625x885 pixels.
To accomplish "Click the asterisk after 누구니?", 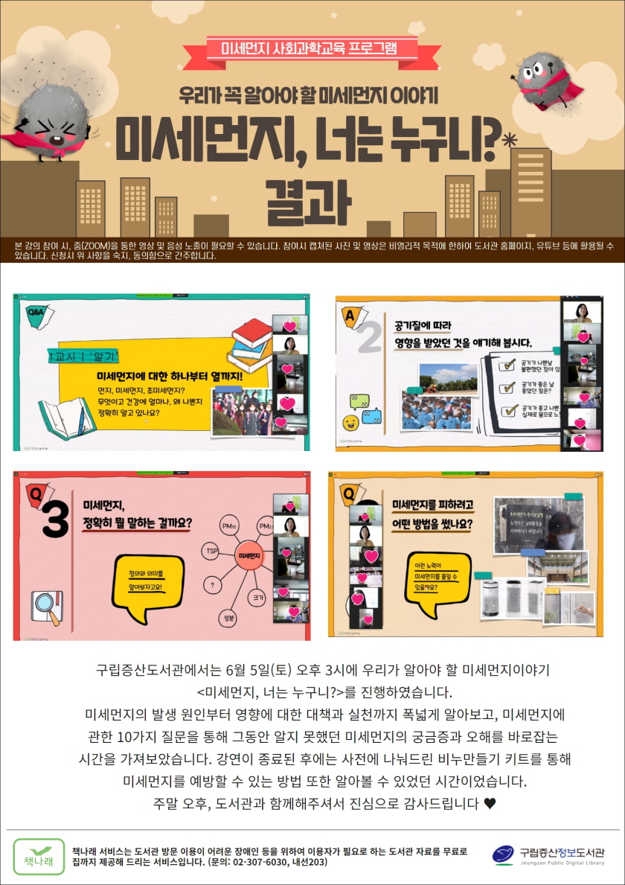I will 509,139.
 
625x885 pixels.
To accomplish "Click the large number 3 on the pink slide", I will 55,520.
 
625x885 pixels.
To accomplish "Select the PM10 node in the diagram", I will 228,526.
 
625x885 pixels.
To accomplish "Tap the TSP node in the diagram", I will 211,551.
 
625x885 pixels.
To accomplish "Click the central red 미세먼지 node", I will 249,555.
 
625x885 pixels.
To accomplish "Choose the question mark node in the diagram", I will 213,585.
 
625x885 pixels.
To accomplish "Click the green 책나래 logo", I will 39,856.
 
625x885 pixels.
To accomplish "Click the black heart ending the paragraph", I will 489,804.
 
